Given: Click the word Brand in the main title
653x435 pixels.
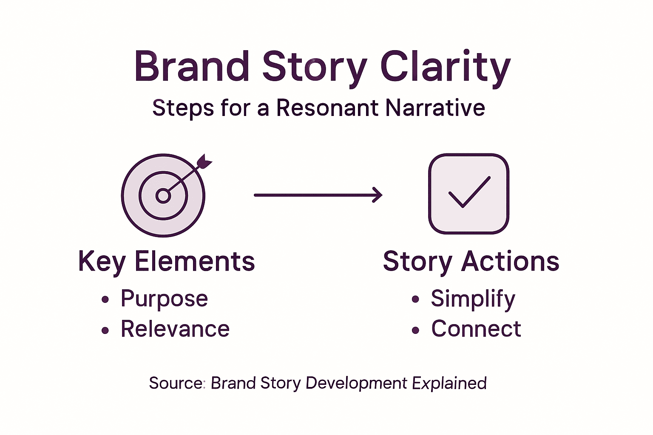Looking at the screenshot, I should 192,67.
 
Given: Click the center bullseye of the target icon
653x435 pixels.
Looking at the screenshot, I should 163,196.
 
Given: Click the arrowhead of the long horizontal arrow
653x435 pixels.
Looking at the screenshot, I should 378,195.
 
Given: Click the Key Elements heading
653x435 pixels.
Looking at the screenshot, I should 166,261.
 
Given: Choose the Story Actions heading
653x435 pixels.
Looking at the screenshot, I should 471,261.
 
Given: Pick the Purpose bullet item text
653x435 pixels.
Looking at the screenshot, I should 164,299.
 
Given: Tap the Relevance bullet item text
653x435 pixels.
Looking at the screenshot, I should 175,329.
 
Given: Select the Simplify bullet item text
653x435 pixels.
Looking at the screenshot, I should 473,299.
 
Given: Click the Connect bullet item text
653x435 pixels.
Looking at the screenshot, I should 476,329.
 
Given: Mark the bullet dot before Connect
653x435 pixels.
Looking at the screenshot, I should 415,330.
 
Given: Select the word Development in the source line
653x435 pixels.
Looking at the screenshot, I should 356,383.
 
